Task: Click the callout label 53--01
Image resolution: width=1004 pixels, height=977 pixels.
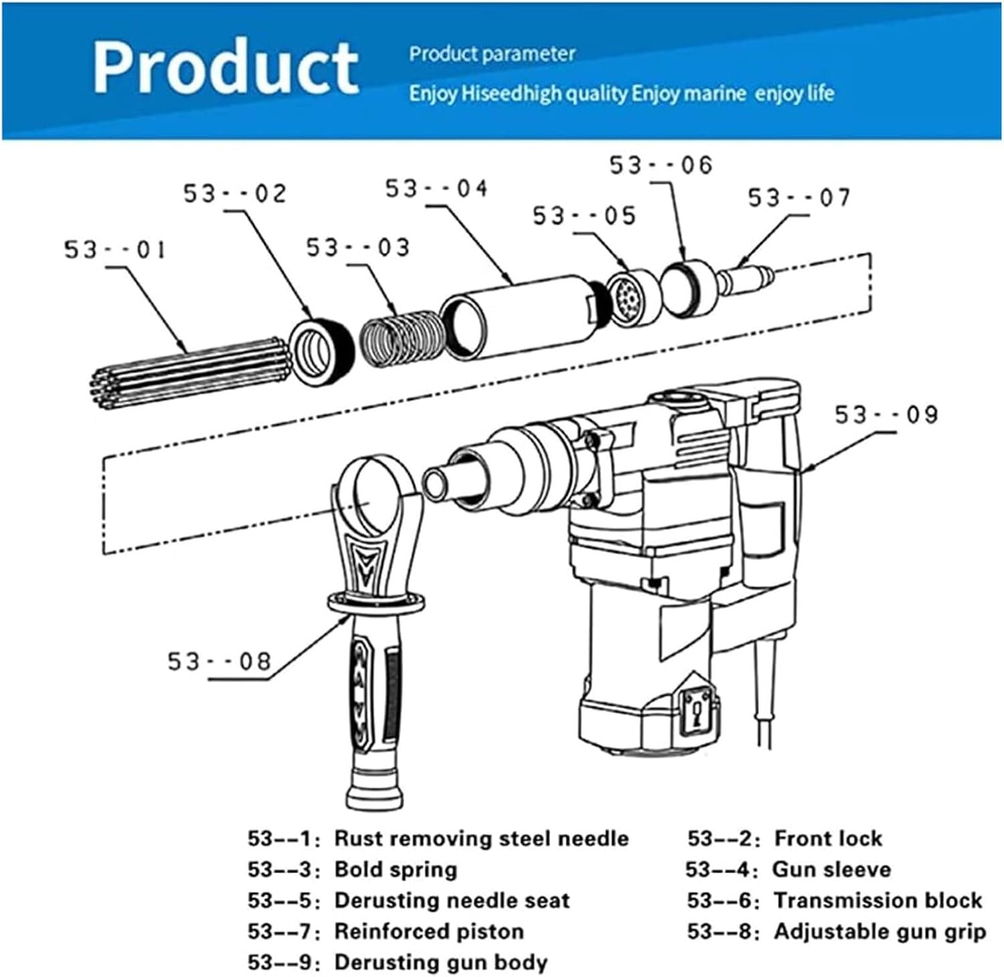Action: pyautogui.click(x=114, y=250)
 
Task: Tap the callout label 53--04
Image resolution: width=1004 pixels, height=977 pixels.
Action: pyautogui.click(x=436, y=189)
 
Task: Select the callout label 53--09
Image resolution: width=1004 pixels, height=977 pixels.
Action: pyautogui.click(x=886, y=416)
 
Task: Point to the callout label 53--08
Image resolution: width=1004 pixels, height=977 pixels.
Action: pyautogui.click(x=219, y=662)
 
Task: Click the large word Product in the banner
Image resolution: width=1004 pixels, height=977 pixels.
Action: pyautogui.click(x=226, y=67)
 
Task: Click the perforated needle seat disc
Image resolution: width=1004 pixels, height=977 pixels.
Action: pyautogui.click(x=631, y=297)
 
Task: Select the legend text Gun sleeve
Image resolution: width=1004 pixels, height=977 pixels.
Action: pyautogui.click(x=831, y=869)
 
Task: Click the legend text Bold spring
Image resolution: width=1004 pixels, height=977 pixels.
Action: pyautogui.click(x=396, y=869)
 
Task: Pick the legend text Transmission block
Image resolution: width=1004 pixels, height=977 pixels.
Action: pyautogui.click(x=877, y=900)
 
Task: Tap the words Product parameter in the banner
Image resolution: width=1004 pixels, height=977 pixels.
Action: pyautogui.click(x=492, y=54)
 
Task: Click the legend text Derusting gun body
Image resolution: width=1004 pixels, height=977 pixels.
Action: pyautogui.click(x=440, y=962)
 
